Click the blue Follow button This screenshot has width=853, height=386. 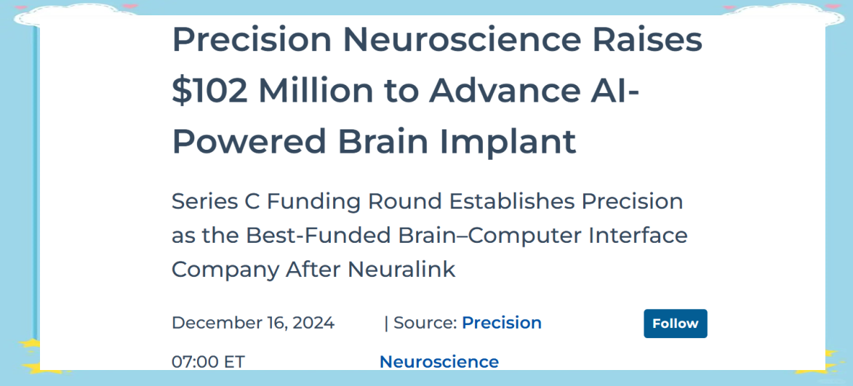coord(675,323)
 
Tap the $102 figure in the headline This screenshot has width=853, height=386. coord(209,91)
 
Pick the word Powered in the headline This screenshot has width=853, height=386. coord(249,141)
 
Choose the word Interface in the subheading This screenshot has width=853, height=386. coord(642,236)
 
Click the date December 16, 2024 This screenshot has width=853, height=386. coord(253,323)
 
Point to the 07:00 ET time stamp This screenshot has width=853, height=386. coord(209,361)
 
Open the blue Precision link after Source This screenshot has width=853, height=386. coord(502,323)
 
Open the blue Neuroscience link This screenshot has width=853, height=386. coord(439,361)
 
